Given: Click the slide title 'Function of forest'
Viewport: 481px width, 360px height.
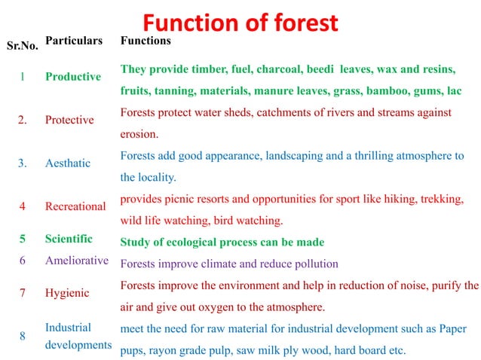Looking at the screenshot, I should click(x=241, y=23).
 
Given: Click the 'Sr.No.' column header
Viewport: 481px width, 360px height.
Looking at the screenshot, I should click(x=22, y=47).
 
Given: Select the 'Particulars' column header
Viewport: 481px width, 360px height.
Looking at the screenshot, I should click(x=73, y=40).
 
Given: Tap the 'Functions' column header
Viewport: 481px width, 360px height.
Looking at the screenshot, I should click(x=146, y=40).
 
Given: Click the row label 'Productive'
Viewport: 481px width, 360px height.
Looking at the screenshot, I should click(x=72, y=76).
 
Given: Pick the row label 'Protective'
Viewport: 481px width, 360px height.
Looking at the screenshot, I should click(x=69, y=120).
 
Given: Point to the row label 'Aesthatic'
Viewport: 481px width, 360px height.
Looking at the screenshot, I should click(x=67, y=163).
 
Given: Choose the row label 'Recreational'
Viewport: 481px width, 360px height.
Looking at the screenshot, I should click(x=75, y=206).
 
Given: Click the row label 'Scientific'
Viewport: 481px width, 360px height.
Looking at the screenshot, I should click(x=69, y=239).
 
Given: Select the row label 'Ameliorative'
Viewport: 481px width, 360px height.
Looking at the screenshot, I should click(x=77, y=261).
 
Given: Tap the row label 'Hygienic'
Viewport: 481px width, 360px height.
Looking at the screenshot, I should click(x=67, y=293).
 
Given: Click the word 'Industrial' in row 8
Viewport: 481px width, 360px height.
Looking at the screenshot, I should click(x=68, y=328).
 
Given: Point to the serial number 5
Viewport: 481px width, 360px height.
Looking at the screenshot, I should click(x=23, y=239).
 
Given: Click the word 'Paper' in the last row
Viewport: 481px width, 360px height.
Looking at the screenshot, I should click(x=451, y=329).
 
